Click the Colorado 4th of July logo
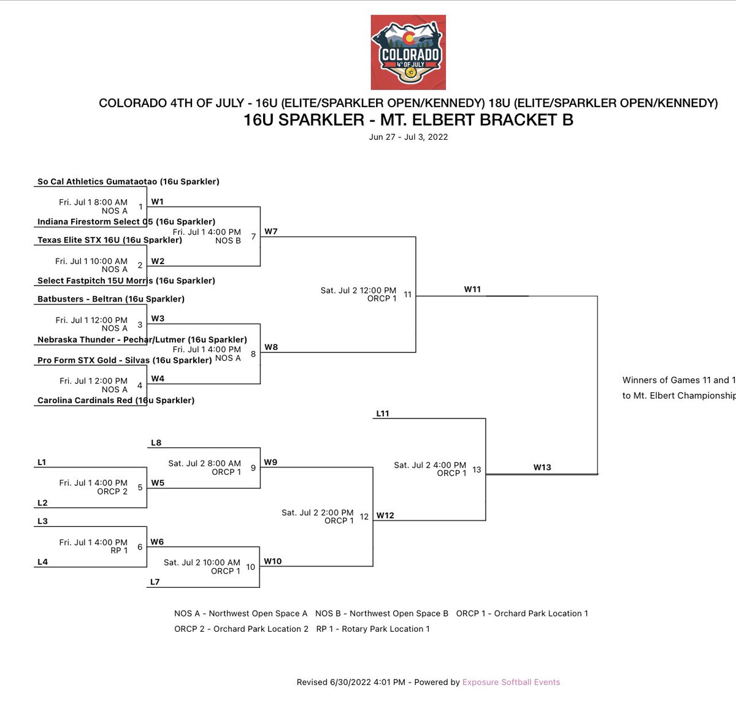[408, 53]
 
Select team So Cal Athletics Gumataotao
[128, 181]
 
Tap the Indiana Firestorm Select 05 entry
[126, 222]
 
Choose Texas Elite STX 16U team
[110, 240]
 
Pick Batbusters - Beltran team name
[111, 299]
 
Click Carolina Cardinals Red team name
[116, 400]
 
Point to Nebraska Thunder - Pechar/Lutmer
[142, 339]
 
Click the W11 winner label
[472, 289]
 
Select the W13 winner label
[542, 467]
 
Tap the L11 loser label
[383, 414]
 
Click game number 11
[408, 295]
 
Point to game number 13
[477, 470]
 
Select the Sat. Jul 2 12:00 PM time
[358, 290]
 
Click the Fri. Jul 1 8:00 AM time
[93, 202]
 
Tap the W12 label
[385, 515]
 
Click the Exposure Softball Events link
[511, 682]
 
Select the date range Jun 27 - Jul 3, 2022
[408, 137]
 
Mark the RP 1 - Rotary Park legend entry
[373, 629]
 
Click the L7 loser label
[155, 582]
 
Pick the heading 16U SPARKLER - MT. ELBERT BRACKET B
[408, 120]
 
